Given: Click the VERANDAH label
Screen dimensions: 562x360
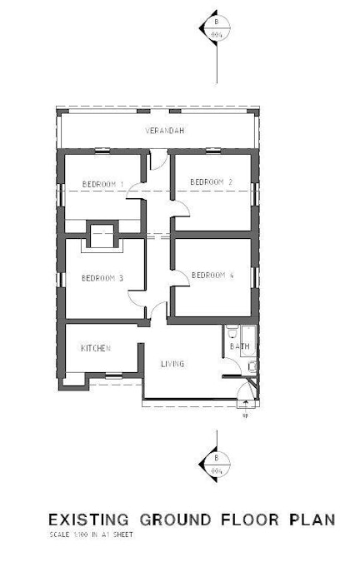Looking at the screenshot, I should (x=164, y=132).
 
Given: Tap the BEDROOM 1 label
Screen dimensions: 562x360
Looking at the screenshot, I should (x=102, y=183).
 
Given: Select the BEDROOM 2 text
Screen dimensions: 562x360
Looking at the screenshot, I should (x=211, y=182).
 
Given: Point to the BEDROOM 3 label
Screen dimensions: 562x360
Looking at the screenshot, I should (x=102, y=279).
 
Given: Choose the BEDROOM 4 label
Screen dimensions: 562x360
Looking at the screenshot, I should (x=212, y=276).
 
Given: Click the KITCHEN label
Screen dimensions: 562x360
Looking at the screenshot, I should (x=96, y=348).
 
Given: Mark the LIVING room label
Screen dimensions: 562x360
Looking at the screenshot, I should (x=172, y=364).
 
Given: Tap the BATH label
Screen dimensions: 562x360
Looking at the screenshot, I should (x=240, y=346).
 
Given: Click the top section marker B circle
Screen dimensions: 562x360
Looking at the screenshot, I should (x=216, y=29).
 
